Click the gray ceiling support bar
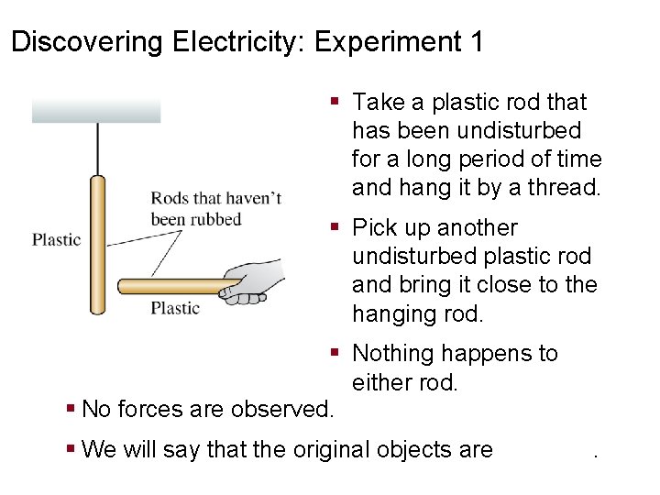[96, 111]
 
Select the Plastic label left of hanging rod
[57, 240]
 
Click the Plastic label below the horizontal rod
[175, 308]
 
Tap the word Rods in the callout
[169, 198]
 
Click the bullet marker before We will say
[71, 450]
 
